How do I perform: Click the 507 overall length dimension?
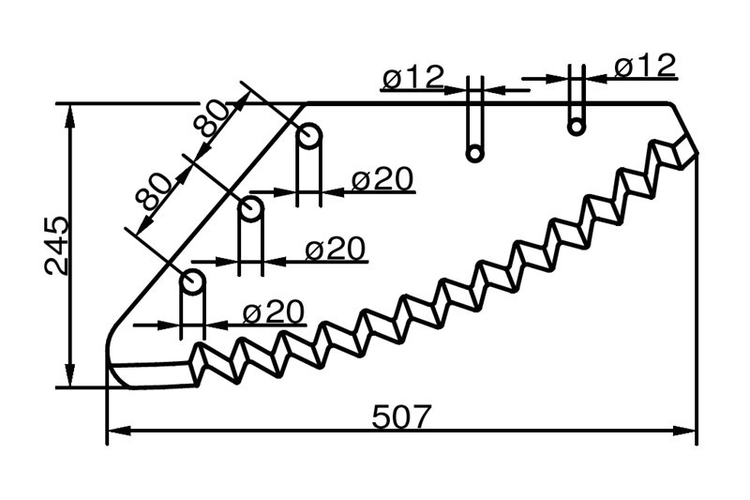tap(401, 417)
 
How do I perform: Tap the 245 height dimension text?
tap(56, 246)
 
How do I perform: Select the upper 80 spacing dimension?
tap(211, 117)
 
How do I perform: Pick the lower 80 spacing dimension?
tap(153, 192)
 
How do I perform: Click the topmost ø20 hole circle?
tap(309, 135)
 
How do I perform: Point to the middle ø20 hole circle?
tap(250, 208)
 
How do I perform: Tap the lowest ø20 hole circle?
tap(192, 281)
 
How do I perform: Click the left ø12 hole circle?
tap(474, 153)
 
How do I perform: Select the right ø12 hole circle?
tap(577, 127)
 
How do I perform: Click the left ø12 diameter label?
tap(413, 77)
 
